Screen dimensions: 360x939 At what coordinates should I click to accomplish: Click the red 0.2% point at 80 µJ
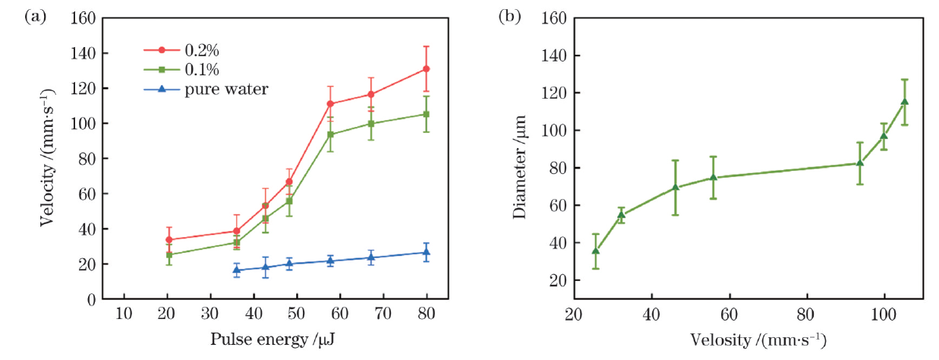(427, 69)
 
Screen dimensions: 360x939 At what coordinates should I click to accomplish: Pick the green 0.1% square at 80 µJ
(427, 115)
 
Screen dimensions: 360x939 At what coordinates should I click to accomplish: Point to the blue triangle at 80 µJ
(427, 253)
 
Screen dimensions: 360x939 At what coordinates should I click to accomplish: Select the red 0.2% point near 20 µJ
(169, 240)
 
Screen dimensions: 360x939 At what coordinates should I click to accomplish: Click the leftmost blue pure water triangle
(237, 270)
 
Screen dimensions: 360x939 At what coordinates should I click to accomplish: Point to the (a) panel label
(36, 15)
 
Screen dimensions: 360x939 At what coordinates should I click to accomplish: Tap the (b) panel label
(509, 15)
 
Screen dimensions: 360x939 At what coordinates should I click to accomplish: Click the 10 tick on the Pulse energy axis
(124, 313)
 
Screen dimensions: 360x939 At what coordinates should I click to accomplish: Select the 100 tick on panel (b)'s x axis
(884, 313)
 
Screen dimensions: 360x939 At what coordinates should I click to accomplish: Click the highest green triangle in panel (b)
(904, 102)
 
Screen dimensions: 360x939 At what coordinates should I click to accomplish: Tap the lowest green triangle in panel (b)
(596, 251)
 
